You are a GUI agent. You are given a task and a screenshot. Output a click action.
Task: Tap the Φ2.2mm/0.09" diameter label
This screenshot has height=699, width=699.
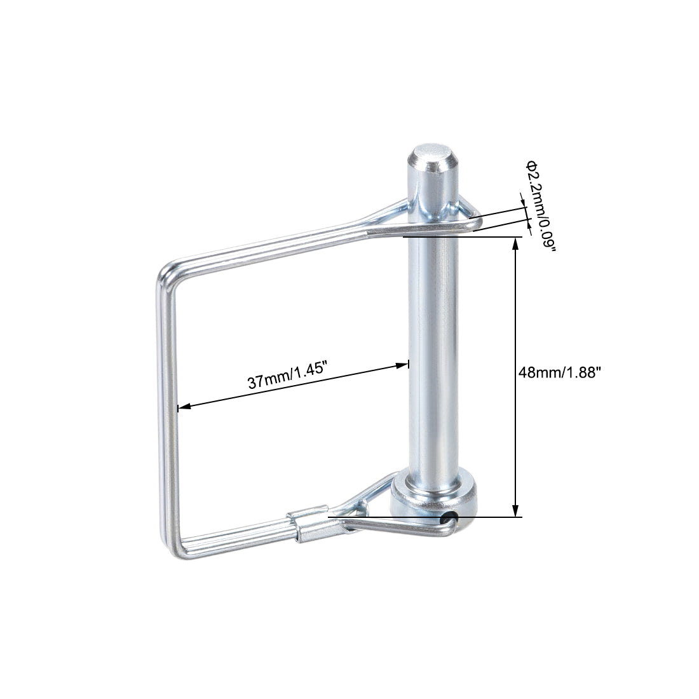540,205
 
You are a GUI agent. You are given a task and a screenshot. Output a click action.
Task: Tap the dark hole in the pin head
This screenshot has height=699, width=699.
451,518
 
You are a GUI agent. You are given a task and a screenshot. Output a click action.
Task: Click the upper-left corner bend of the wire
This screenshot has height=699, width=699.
166,273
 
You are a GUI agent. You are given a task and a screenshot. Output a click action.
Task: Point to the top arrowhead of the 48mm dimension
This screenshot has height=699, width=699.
515,244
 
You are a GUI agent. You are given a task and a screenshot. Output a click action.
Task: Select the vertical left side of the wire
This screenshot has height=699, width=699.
166,407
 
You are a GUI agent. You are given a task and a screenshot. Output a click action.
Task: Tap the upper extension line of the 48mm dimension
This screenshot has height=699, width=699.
464,237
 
